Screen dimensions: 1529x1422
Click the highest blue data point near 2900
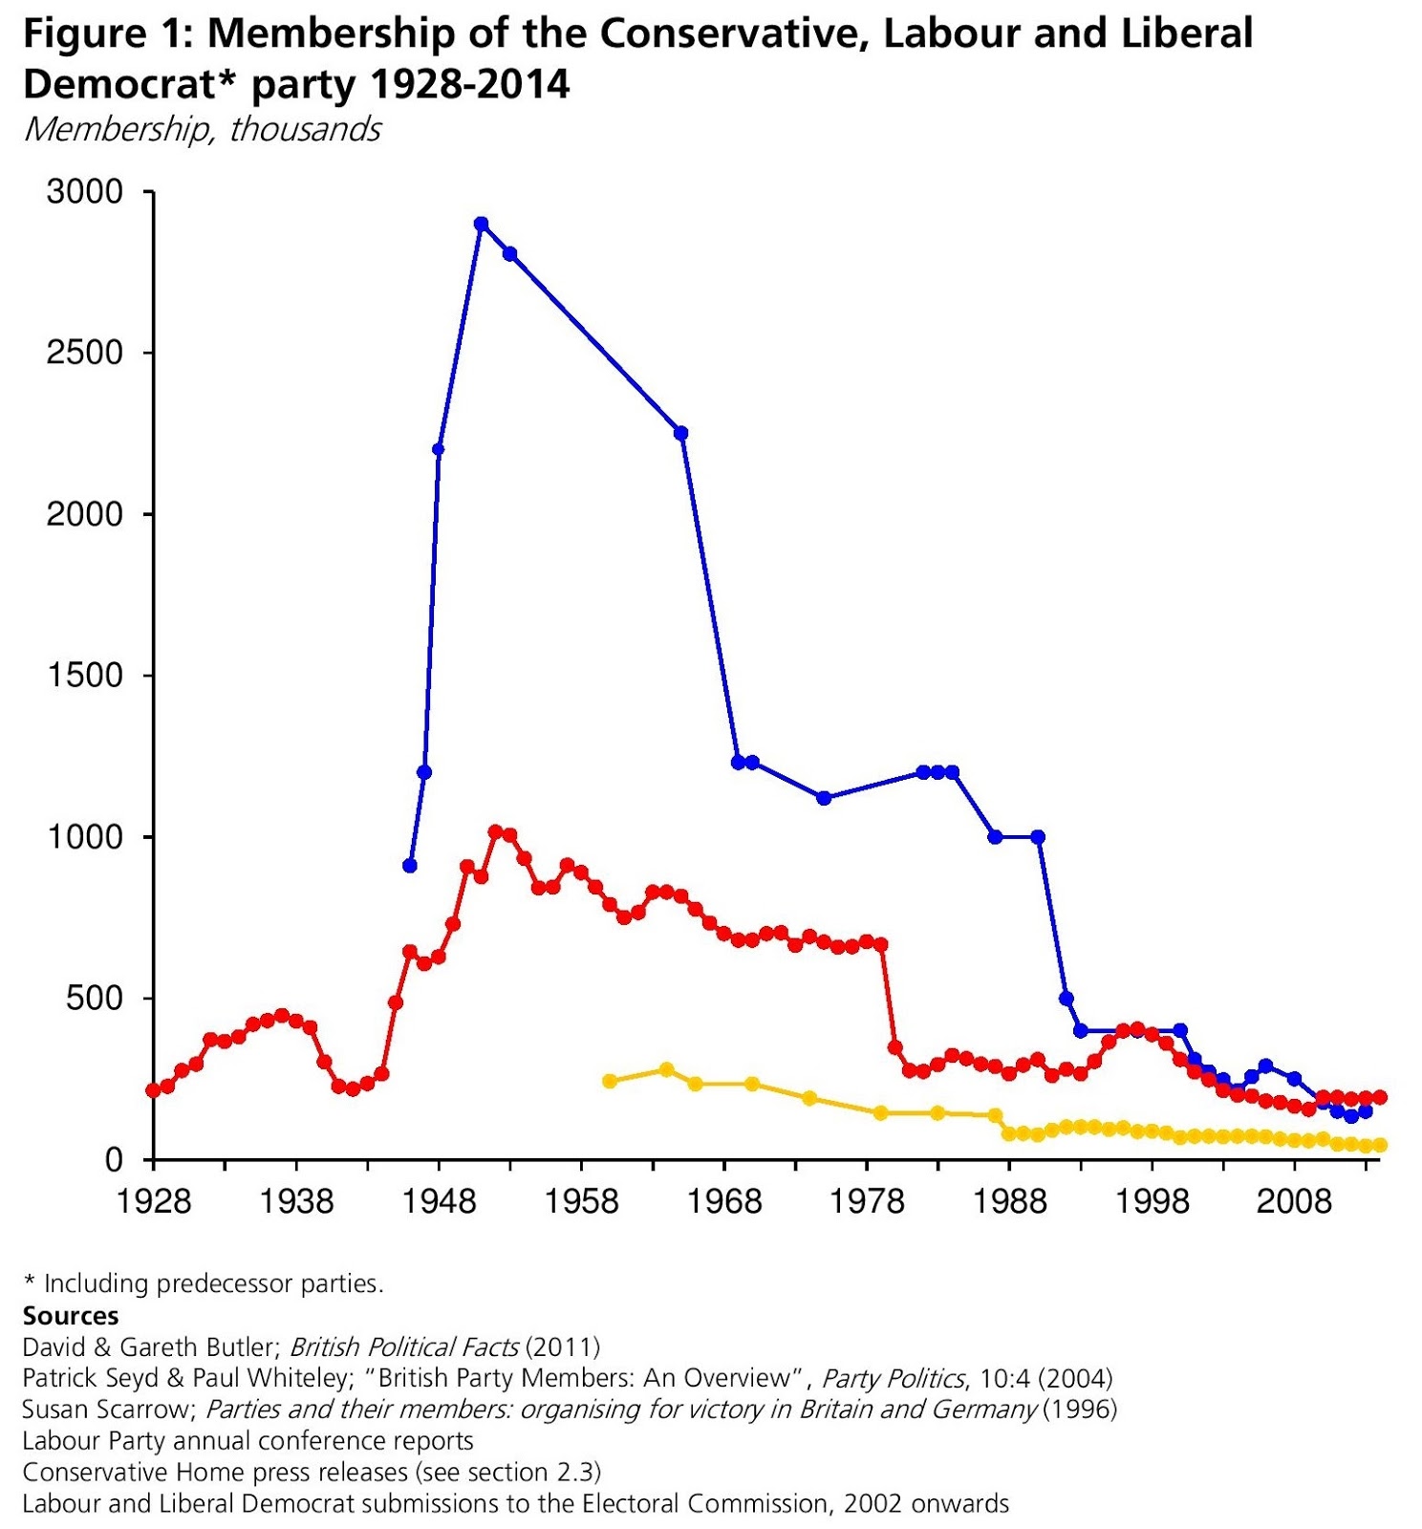(481, 224)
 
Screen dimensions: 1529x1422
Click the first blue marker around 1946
(410, 865)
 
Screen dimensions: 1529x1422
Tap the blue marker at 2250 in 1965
(681, 433)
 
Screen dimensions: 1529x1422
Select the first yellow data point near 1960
(610, 1081)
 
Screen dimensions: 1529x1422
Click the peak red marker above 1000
(495, 832)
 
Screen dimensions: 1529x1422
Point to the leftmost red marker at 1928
(153, 1090)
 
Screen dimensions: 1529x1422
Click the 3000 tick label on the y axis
(85, 192)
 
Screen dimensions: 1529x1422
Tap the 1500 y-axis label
(85, 676)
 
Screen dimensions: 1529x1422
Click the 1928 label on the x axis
(153, 1201)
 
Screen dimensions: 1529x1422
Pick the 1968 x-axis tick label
(724, 1201)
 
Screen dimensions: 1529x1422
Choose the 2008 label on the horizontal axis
(1294, 1201)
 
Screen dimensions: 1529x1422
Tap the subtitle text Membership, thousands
(202, 129)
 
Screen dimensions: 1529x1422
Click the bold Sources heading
(71, 1316)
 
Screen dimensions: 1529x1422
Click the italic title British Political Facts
(403, 1346)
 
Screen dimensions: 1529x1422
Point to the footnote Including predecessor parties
(213, 1283)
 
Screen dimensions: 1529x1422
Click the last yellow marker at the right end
(1379, 1145)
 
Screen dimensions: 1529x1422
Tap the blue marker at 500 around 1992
(1066, 999)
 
